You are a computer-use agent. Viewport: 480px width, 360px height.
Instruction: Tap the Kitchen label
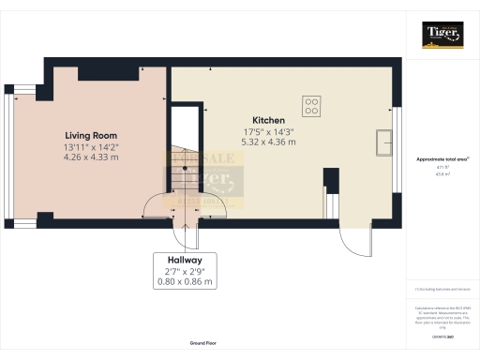coord(269,121)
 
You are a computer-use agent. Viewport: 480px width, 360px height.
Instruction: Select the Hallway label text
coord(184,259)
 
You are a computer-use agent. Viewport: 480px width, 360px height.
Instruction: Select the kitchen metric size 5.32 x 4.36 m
coord(269,142)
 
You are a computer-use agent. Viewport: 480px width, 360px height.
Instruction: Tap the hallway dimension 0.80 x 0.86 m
coord(184,280)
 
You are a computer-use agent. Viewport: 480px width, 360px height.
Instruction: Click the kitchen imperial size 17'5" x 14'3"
coord(269,131)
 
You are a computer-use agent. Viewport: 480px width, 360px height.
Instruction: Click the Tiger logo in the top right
coord(442,34)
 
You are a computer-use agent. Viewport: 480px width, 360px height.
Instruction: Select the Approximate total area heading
coord(442,159)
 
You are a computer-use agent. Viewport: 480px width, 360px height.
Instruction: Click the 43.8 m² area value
coord(442,173)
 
